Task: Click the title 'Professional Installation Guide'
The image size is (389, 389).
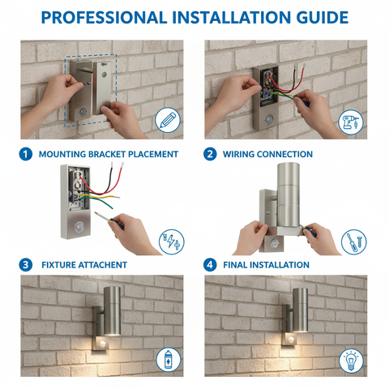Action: (194, 17)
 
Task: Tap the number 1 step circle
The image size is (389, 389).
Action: (25, 154)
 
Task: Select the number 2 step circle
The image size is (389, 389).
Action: (210, 154)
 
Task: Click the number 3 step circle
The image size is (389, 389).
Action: (25, 264)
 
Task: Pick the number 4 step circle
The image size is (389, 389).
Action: (210, 264)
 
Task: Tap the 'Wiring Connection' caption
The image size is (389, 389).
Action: (268, 154)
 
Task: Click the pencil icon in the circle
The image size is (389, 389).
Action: (168, 120)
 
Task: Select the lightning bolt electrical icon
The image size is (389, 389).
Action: (169, 241)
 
